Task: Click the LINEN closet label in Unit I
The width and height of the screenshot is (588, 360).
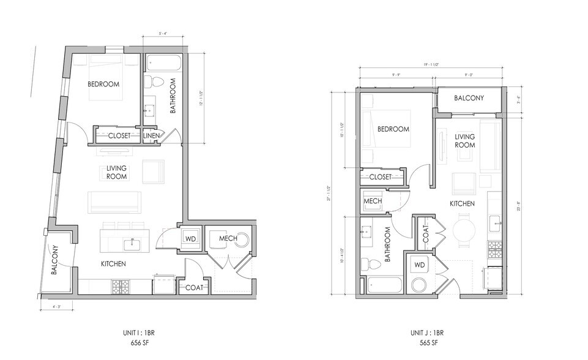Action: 152,135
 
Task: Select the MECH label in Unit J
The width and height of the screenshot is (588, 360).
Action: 373,200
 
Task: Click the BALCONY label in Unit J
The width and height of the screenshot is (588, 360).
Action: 469,98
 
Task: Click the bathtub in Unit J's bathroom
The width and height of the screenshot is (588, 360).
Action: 384,286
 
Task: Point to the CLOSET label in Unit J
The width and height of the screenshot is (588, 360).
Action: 380,177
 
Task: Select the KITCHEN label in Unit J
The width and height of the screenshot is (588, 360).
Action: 463,202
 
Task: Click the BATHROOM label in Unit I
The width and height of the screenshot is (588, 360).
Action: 173,96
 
